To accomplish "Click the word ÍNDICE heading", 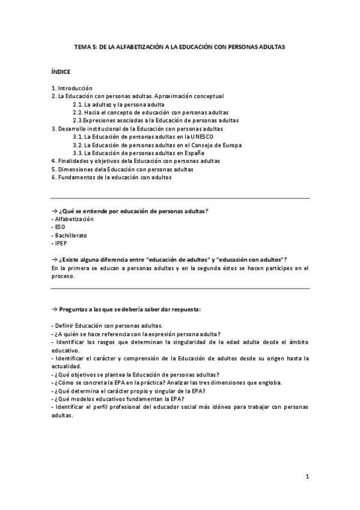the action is [x=61, y=71].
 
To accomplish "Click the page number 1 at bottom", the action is [x=307, y=477].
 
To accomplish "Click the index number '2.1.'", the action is [x=78, y=104].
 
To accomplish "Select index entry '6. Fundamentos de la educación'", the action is [x=112, y=177].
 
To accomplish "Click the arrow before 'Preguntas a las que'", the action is [x=54, y=309].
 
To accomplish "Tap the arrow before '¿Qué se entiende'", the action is [x=54, y=211].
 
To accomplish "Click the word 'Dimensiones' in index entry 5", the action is [x=75, y=169].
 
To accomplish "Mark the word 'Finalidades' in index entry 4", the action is [x=75, y=161].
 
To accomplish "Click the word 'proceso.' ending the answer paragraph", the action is [x=63, y=276].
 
